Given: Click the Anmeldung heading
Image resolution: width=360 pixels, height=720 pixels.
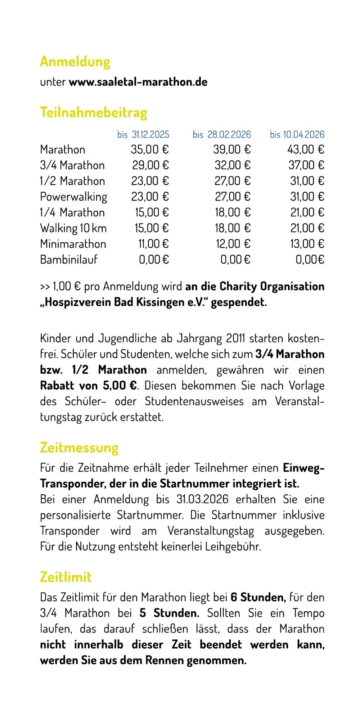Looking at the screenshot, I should click(x=75, y=62).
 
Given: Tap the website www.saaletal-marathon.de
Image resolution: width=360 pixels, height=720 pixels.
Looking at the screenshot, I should click(x=138, y=82).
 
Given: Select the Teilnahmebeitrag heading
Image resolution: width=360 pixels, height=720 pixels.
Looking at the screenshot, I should click(x=94, y=112).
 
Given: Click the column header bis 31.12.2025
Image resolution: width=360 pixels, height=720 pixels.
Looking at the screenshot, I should click(x=143, y=135).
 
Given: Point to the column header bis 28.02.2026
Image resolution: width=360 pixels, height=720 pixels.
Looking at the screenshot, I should click(x=222, y=135).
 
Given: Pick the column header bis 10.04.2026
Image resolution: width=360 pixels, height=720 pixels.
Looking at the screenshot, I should click(x=297, y=135).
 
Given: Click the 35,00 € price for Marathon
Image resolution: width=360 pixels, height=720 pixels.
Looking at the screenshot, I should click(x=150, y=149).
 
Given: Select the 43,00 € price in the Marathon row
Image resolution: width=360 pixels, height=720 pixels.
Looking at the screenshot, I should click(x=306, y=149).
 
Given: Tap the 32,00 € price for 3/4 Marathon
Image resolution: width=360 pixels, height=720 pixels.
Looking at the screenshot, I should click(x=233, y=165).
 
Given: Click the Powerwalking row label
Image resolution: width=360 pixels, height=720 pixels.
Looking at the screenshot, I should click(x=73, y=197).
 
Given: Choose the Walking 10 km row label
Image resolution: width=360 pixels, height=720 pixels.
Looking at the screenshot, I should click(x=73, y=228).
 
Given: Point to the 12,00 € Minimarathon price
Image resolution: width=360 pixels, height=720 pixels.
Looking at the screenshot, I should click(x=233, y=244).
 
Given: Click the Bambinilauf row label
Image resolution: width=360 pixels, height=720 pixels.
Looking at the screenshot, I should click(x=69, y=260).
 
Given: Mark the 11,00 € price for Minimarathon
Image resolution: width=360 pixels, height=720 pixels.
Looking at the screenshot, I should click(x=153, y=244).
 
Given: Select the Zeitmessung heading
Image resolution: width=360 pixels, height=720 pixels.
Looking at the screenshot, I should click(x=79, y=447).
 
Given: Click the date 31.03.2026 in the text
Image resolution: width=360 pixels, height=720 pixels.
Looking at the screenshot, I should click(x=202, y=499).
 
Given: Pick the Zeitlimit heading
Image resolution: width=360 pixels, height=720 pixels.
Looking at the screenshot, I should click(x=66, y=577).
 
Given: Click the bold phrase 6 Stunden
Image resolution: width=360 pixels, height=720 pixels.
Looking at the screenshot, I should click(x=258, y=597).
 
